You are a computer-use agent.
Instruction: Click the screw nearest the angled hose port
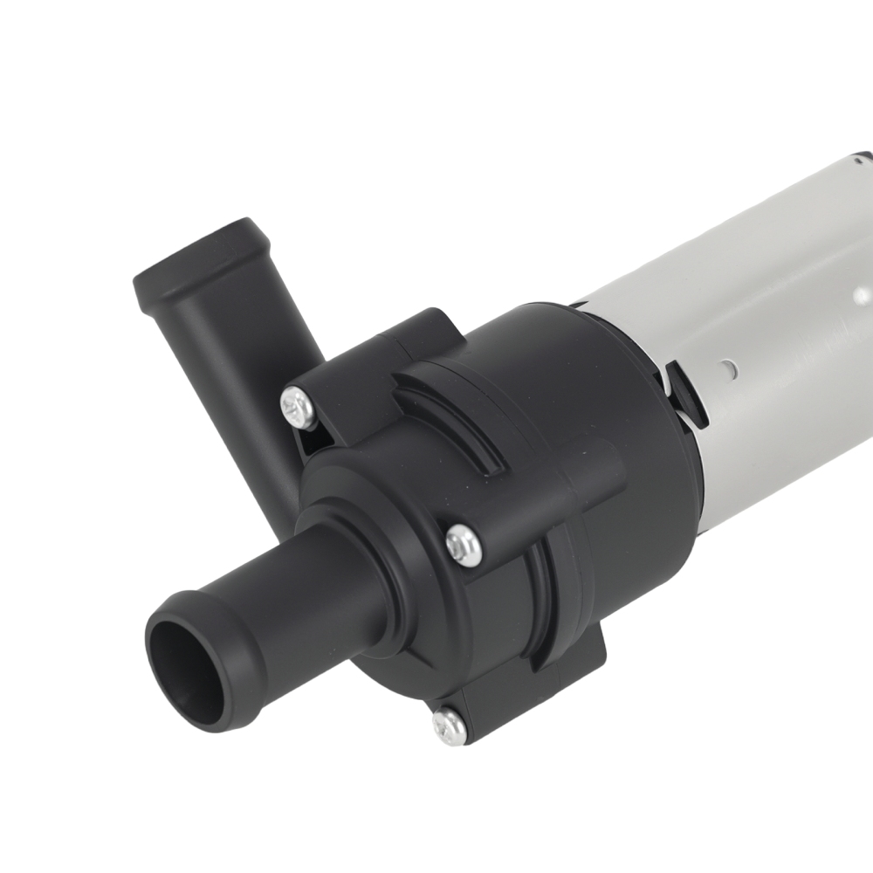tap(299, 408)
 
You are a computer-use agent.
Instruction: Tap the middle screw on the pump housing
tap(463, 545)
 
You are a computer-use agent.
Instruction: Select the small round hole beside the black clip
tap(727, 359)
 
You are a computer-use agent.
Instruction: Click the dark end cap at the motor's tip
tap(863, 159)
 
